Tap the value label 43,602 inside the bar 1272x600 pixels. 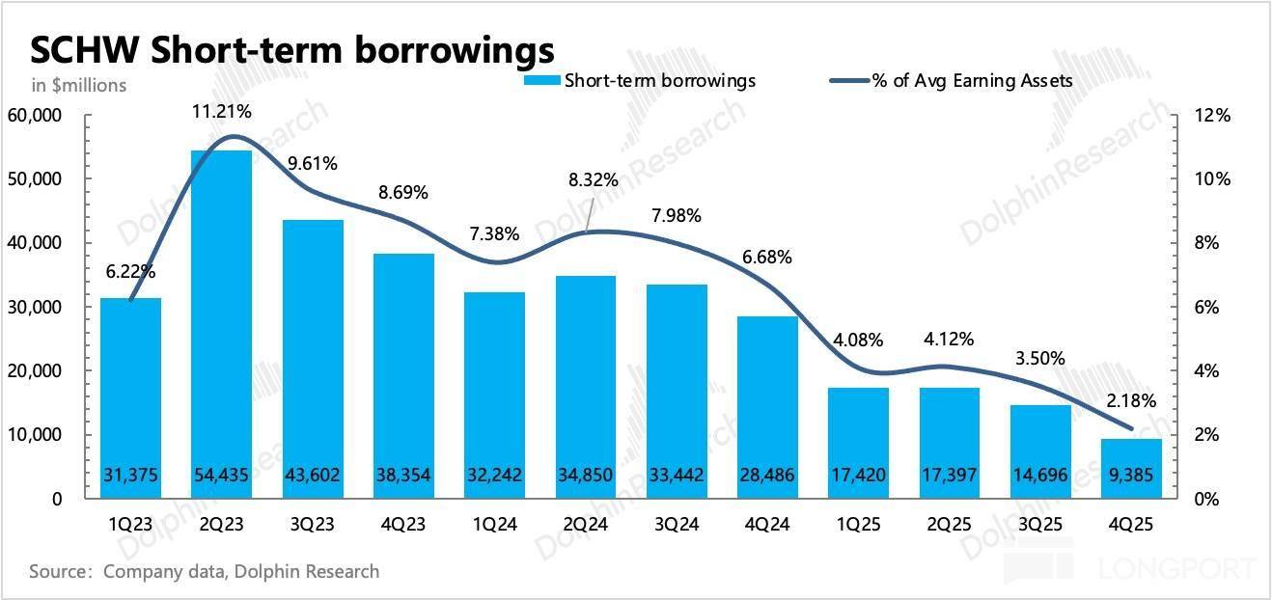click(x=313, y=475)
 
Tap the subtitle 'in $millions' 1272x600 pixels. click(x=79, y=86)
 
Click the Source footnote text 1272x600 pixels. click(x=205, y=572)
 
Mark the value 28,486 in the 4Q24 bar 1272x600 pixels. click(x=768, y=475)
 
